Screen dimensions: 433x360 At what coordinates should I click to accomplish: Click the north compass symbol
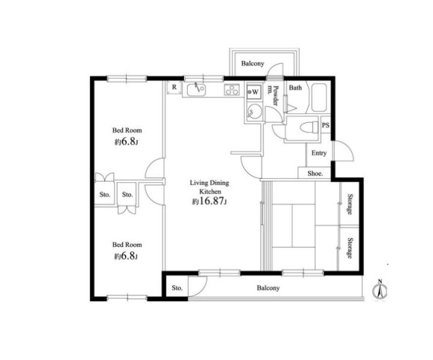380,290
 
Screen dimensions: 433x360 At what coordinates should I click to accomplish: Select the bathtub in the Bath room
319,98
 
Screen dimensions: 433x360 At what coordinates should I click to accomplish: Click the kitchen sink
196,90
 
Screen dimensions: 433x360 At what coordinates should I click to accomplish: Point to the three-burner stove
232,90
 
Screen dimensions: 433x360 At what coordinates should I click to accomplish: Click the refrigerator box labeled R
174,87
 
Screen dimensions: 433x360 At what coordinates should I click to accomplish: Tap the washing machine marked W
254,92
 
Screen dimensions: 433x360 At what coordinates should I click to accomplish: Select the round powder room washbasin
254,111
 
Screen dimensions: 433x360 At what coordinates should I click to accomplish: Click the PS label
325,125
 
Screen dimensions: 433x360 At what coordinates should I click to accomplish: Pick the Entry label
319,153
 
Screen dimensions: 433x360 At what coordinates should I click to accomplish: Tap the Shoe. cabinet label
315,173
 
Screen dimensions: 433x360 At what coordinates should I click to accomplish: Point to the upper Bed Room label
127,130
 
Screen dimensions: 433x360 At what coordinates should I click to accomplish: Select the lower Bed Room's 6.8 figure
128,256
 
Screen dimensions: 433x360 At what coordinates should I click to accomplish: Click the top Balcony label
253,64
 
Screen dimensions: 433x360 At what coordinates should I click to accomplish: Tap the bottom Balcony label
268,288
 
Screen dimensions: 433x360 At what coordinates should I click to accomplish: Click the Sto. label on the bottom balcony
177,288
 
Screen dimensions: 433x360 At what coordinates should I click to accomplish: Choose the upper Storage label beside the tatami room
350,204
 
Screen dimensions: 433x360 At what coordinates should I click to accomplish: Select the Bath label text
295,88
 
